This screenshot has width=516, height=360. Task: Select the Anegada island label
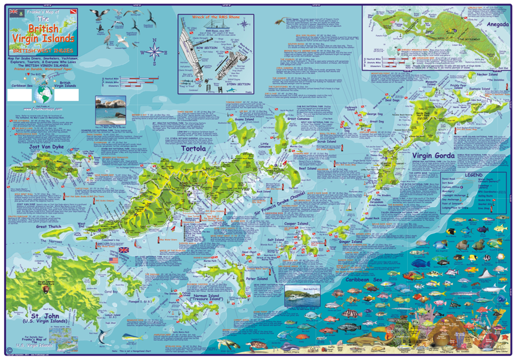coord(489,24)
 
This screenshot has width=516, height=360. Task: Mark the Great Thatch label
coord(49,226)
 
